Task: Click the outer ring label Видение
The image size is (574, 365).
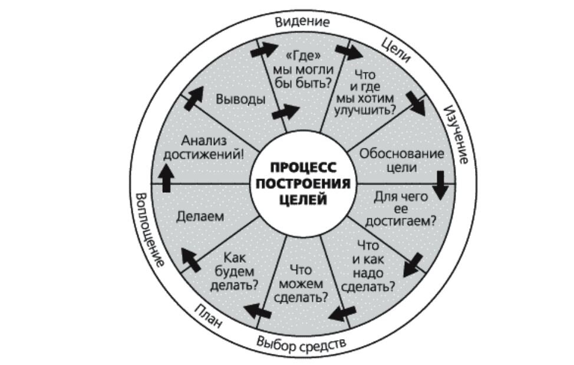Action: (x=302, y=22)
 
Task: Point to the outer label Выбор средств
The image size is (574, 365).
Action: (x=301, y=343)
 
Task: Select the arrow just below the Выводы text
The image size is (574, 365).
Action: (x=286, y=112)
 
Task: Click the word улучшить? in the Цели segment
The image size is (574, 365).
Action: (x=364, y=108)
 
